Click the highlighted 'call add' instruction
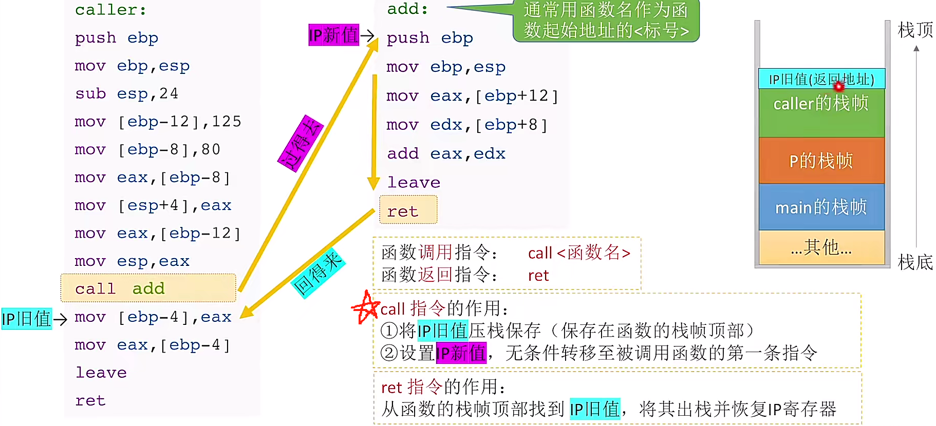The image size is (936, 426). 148,288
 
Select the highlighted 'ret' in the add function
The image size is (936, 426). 408,210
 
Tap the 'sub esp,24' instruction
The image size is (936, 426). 126,93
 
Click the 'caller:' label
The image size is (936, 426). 110,10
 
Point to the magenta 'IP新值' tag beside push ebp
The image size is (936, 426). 333,35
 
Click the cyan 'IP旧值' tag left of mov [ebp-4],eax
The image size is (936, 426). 27,319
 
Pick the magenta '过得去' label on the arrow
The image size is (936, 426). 301,144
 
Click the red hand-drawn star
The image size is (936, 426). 366,307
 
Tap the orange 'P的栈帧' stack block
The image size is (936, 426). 821,161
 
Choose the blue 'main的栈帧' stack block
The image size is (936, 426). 821,207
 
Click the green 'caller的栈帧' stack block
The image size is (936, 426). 821,112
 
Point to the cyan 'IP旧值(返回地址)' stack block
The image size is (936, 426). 821,79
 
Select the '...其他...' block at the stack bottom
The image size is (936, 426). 821,248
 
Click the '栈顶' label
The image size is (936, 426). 914,30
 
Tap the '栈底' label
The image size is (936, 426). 914,262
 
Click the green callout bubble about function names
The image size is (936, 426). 606,21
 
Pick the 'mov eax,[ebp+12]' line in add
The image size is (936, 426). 472,96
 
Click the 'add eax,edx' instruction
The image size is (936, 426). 446,153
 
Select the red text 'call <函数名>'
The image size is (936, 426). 579,253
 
